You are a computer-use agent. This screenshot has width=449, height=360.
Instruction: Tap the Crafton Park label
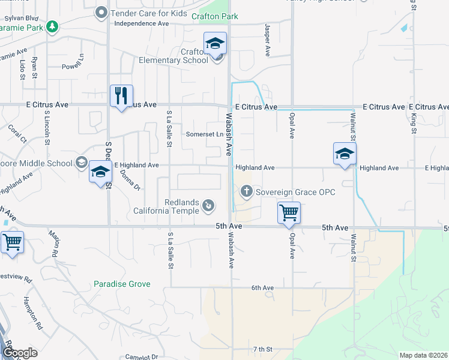[215, 17]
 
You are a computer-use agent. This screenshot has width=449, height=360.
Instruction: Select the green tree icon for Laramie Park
[53, 26]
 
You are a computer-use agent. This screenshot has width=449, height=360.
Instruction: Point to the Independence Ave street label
[142, 23]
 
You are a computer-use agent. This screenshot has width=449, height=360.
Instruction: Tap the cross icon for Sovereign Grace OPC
[246, 192]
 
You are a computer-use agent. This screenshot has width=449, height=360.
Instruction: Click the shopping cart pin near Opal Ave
[289, 212]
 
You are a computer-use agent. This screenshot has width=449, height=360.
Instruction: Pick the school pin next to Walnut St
[345, 154]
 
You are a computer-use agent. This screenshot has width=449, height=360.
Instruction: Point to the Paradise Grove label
[122, 283]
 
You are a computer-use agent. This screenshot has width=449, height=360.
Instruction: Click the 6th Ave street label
[262, 288]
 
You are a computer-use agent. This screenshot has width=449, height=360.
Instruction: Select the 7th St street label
[262, 349]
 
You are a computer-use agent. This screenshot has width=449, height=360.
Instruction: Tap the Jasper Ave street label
[267, 40]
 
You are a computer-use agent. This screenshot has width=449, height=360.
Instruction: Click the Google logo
[19, 353]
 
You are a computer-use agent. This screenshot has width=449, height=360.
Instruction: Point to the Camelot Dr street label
[141, 356]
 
